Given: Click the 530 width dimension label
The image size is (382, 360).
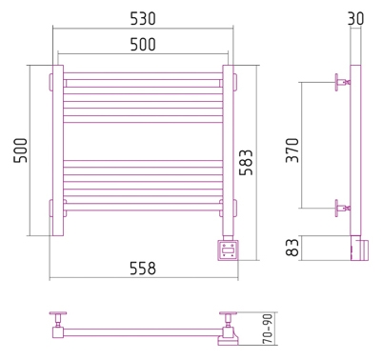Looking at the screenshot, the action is pyautogui.click(x=143, y=19).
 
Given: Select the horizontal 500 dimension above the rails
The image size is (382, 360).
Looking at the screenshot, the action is pyautogui.click(x=143, y=45).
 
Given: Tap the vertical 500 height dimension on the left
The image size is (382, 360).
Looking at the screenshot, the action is pyautogui.click(x=21, y=150).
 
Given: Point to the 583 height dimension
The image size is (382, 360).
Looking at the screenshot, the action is pyautogui.click(x=246, y=163).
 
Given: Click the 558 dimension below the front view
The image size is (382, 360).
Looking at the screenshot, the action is pyautogui.click(x=143, y=269).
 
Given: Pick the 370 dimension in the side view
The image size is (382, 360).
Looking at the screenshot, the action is pyautogui.click(x=292, y=150).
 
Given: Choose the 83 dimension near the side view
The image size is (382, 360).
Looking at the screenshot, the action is pyautogui.click(x=292, y=248).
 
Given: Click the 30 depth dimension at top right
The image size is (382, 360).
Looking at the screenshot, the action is pyautogui.click(x=355, y=18).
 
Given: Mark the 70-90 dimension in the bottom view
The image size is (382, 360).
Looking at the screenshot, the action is pyautogui.click(x=269, y=330).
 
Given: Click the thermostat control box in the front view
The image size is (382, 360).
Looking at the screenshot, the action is pyautogui.click(x=228, y=250).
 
